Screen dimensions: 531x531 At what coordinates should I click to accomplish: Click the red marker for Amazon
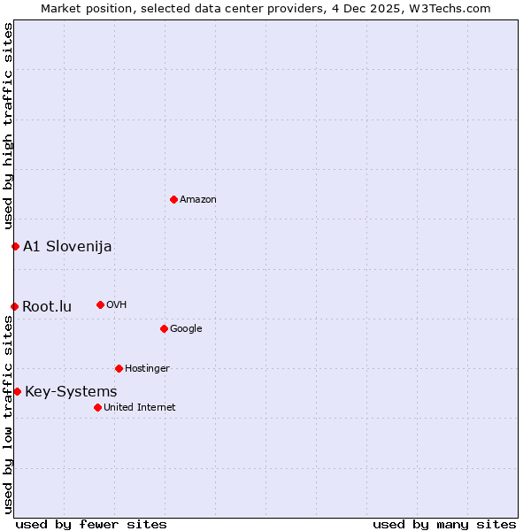coord(173,199)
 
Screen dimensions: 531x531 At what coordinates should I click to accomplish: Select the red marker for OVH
coord(100,304)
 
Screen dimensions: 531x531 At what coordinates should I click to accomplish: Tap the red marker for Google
coord(164,328)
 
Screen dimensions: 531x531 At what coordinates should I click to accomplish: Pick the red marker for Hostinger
coord(119,368)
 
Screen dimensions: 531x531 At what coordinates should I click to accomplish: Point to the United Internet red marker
coord(97,407)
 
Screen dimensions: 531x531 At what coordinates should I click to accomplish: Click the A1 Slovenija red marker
coord(15,246)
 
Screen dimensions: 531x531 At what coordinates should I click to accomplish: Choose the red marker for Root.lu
coord(14,306)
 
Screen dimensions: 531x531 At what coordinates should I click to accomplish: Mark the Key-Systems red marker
coord(17,391)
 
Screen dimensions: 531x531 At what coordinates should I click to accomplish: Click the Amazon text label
coord(198,200)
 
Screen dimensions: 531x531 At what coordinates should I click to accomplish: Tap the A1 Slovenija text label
coord(67,247)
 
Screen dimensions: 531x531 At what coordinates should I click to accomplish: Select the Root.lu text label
coord(47,307)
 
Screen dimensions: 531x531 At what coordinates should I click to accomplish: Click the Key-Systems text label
coord(71,392)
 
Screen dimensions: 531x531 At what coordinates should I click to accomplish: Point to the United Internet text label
coord(140,408)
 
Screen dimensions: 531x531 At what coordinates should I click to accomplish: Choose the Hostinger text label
coord(147,369)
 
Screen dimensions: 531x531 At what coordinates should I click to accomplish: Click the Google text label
coord(186,329)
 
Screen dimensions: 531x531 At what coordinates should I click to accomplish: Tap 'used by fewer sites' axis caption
coord(91,524)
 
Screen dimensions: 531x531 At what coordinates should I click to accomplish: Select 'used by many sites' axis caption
coord(444,524)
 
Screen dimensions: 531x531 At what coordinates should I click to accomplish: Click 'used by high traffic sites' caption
coord(8,127)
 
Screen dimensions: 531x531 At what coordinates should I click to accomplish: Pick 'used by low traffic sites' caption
coord(8,414)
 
